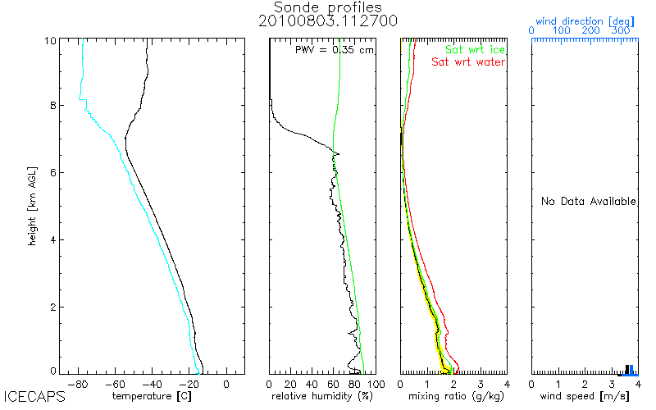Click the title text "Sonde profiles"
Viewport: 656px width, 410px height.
coord(327,7)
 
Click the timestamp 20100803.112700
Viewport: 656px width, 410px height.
coord(327,21)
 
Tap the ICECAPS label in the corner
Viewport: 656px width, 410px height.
coord(34,396)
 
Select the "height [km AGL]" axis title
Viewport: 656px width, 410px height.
coord(32,206)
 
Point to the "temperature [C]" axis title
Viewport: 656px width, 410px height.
coord(152,396)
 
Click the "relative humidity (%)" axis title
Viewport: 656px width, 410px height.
coord(322,396)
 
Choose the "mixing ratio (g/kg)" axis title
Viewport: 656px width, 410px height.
coord(457,396)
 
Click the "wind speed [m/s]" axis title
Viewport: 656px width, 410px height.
coord(585,396)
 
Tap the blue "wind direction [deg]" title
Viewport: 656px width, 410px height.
coord(585,21)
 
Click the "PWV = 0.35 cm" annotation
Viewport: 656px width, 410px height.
coord(335,50)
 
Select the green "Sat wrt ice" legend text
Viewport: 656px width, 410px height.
coord(475,50)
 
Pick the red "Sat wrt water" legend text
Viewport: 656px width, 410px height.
coord(468,62)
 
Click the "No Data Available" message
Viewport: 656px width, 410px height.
coord(589,201)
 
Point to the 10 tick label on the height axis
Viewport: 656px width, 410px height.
coord(50,40)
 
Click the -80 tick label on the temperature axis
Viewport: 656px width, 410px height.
coord(78,384)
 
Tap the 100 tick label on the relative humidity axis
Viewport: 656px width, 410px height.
coord(376,384)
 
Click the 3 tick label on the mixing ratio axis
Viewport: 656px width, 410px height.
coord(481,384)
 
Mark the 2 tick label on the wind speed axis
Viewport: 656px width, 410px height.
coord(585,384)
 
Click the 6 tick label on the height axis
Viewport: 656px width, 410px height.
coord(53,173)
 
